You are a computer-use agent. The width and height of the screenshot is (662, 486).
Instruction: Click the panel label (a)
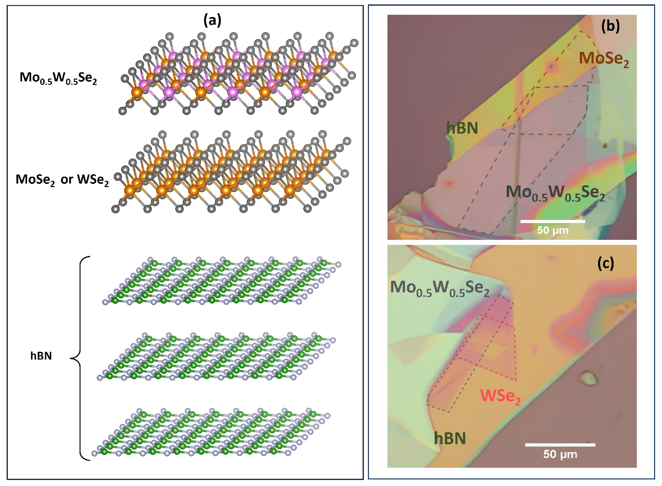point(212,20)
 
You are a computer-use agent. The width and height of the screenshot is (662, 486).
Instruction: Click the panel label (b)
point(610,26)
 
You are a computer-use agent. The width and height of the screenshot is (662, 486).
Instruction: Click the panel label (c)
point(605,263)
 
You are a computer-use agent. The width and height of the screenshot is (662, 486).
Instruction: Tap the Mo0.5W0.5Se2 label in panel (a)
point(58,78)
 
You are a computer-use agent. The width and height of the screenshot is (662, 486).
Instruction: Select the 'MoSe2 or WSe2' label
point(62,180)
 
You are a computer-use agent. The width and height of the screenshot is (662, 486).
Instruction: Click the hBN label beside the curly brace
point(41,356)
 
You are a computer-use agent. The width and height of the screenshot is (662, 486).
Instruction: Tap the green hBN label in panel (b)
point(462,128)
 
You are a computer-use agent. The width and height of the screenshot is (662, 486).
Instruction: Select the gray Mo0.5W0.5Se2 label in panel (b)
point(555,193)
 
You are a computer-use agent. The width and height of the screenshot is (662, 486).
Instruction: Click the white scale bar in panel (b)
point(553,221)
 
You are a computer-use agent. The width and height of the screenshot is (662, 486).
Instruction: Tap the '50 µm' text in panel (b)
point(553,230)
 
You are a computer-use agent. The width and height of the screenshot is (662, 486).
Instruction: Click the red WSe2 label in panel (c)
point(500,396)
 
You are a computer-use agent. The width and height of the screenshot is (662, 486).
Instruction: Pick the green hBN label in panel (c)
point(450,438)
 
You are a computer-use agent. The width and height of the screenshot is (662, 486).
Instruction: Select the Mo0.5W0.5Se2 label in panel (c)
point(440,288)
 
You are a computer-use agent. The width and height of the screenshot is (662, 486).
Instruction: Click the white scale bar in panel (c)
point(560,445)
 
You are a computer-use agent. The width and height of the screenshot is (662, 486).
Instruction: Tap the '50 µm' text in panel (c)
point(560,454)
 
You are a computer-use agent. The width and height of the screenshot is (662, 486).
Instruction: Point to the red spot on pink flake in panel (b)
point(448,183)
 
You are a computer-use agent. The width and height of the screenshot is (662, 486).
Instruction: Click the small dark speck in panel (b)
point(604,146)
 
